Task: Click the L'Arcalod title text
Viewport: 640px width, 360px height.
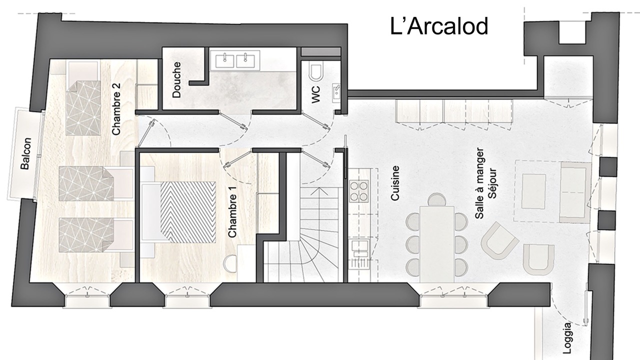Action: click(x=439, y=26)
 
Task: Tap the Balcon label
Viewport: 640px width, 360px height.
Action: click(x=25, y=153)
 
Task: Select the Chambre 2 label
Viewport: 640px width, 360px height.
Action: click(x=116, y=109)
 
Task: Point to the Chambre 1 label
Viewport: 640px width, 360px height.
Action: click(x=232, y=211)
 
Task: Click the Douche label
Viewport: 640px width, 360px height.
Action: click(x=176, y=80)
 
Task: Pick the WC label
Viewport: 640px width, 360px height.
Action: click(x=315, y=94)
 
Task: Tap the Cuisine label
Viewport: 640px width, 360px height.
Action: click(x=394, y=183)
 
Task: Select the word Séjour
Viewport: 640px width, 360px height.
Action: click(x=492, y=183)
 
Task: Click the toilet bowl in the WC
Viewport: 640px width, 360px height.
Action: click(x=316, y=73)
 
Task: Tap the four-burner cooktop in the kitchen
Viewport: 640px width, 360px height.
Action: click(x=359, y=191)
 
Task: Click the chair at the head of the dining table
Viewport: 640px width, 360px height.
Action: click(x=437, y=199)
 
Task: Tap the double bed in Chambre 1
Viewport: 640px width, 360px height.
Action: click(x=178, y=212)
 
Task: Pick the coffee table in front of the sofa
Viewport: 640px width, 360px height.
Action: click(x=533, y=191)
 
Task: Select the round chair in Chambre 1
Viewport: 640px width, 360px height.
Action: click(x=230, y=264)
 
